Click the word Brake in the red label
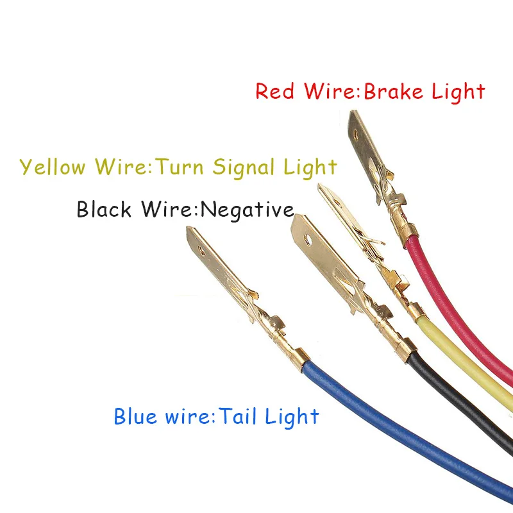tap(392, 91)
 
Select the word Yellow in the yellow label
tap(53, 167)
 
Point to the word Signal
tap(244, 168)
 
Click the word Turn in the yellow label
tap(180, 167)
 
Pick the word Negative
tap(248, 210)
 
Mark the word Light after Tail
tap(294, 417)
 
